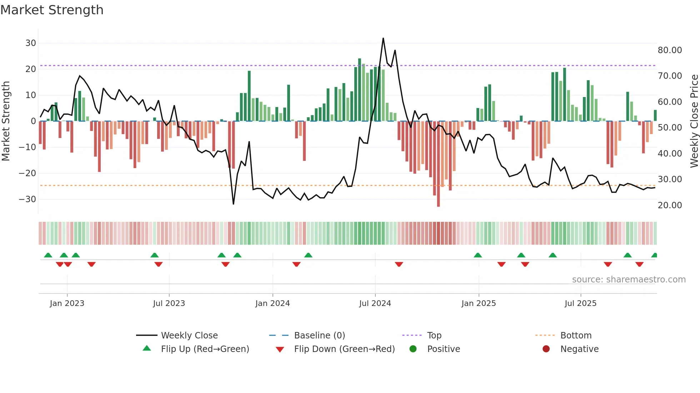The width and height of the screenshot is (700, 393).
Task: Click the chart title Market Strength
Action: [52, 10]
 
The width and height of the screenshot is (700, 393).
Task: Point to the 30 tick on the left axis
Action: [31, 43]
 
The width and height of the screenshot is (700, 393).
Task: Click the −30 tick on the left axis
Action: [28, 199]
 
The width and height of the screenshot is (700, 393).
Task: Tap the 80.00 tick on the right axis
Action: [670, 50]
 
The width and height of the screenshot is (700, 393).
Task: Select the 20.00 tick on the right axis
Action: [670, 205]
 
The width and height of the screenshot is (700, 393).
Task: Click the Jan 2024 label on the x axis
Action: [272, 303]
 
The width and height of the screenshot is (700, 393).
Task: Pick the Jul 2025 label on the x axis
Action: [580, 303]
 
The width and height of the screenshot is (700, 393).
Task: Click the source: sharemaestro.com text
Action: [629, 280]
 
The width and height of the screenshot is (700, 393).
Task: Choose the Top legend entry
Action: [434, 336]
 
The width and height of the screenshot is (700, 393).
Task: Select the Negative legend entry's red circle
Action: [546, 349]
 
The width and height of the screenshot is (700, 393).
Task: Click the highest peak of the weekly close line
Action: [383, 39]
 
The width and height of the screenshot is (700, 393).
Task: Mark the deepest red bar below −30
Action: [438, 200]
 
